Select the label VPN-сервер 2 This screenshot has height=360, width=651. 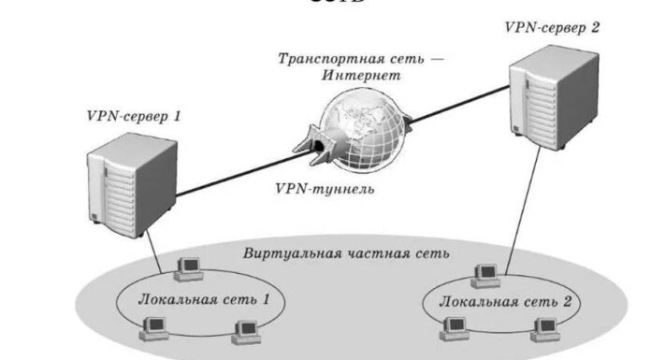[553, 27]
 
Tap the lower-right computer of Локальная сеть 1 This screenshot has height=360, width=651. [245, 328]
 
